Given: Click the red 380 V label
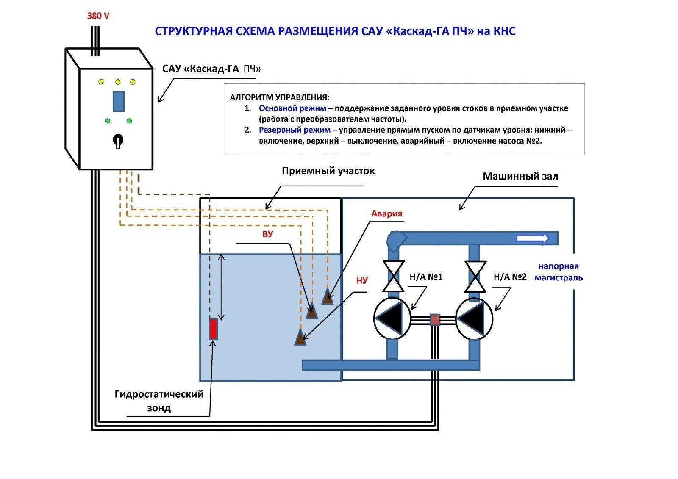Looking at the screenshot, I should [x=98, y=16].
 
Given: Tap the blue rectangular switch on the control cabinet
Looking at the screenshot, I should [x=118, y=101].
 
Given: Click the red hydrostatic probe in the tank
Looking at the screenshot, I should [x=213, y=329].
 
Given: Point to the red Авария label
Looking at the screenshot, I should [x=386, y=213].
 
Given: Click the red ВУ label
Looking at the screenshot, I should [x=267, y=234].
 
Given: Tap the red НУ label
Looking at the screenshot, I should [x=362, y=280].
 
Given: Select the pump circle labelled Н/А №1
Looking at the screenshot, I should [x=392, y=318].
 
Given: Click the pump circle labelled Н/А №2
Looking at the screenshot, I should [x=474, y=318].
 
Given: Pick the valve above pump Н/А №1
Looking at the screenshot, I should [x=393, y=276].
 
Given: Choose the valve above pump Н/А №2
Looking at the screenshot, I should [x=475, y=277].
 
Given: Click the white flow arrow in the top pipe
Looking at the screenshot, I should [x=532, y=238].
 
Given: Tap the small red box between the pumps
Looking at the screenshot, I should [x=435, y=319].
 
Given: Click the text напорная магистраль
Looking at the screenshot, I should [x=558, y=272].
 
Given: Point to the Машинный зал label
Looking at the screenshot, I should [x=520, y=176].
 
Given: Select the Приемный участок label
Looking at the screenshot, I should [x=328, y=171].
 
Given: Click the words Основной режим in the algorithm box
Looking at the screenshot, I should [x=292, y=108].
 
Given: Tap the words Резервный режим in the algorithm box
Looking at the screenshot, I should [x=295, y=130].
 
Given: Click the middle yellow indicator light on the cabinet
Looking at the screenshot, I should [x=118, y=82].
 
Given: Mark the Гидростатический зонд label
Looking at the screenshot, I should [x=159, y=401].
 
